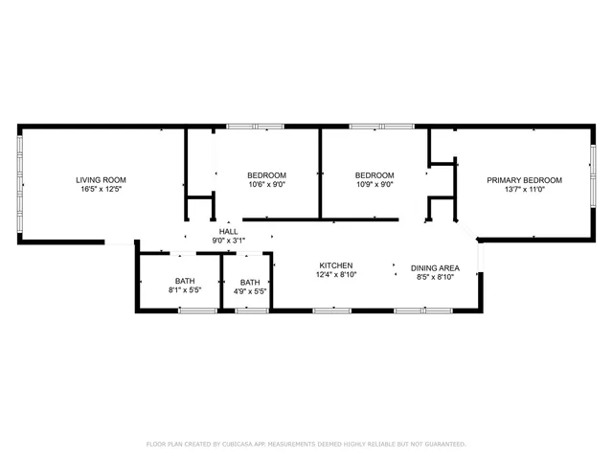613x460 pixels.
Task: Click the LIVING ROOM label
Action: tap(101, 180)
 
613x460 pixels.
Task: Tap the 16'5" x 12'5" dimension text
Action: tap(101, 190)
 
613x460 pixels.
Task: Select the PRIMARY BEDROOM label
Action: tap(524, 180)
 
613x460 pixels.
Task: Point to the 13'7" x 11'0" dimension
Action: tap(524, 190)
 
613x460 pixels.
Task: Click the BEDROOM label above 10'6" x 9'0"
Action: tap(266, 174)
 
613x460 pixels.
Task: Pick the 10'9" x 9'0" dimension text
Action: tap(375, 184)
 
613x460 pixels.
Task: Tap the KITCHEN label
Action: tap(336, 265)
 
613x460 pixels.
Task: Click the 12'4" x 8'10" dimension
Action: tap(336, 275)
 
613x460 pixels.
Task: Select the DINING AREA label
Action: tap(435, 268)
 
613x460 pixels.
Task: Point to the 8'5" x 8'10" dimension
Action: tap(435, 278)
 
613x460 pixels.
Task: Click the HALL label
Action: tap(228, 232)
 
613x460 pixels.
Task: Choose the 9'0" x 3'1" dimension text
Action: tap(228, 241)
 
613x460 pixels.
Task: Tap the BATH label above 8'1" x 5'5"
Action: tap(184, 282)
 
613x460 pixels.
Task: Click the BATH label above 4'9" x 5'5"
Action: tap(250, 282)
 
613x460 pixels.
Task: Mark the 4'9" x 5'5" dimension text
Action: tap(250, 291)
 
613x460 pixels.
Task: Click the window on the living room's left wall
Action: tap(20, 183)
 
